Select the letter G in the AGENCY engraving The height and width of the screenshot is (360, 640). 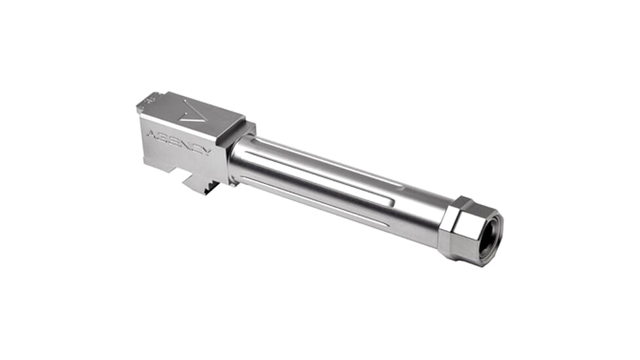tap(163, 137)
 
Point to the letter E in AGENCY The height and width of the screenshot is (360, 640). tap(173, 141)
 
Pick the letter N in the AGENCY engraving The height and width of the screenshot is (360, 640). tap(185, 145)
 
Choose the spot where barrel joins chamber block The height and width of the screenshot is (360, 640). tap(230, 160)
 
